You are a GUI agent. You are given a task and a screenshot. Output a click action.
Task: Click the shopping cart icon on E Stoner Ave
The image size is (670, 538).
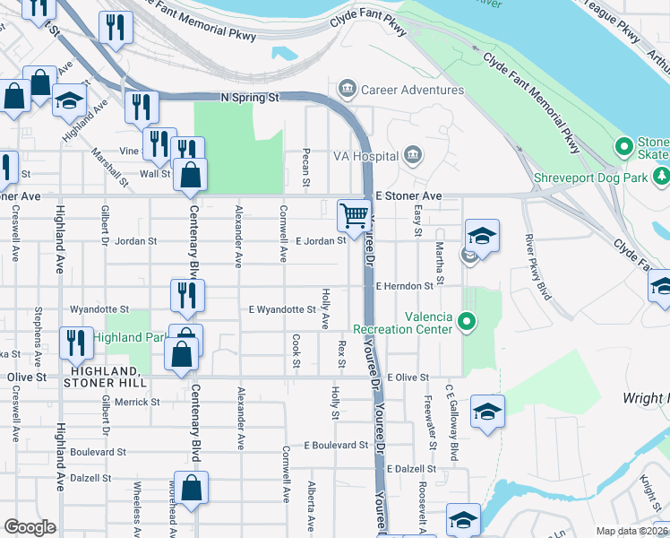click(x=354, y=215)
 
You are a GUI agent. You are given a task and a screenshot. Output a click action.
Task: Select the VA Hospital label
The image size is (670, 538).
click(x=362, y=156)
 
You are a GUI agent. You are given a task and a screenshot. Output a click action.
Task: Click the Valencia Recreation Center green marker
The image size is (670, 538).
click(x=465, y=320)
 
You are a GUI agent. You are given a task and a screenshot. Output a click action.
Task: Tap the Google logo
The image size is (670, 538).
click(x=30, y=527)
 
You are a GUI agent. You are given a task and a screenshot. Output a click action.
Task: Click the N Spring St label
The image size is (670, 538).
click(x=250, y=97)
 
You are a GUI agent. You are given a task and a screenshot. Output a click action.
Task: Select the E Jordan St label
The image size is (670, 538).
click(x=320, y=241)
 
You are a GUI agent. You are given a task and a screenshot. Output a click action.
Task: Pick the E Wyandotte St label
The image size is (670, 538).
click(x=281, y=310)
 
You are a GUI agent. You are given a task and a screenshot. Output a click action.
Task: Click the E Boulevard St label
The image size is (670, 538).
click(x=336, y=445)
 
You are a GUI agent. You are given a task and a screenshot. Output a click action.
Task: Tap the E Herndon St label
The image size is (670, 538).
click(x=404, y=286)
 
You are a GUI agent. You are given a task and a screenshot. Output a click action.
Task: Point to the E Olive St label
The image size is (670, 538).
click(x=408, y=378)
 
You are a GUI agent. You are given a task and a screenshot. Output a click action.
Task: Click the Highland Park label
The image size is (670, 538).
click(x=131, y=337)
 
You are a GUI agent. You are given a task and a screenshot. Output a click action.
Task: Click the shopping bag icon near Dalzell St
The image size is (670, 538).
click(x=192, y=488)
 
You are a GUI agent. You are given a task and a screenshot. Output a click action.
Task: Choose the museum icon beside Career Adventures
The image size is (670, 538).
click(x=347, y=89)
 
